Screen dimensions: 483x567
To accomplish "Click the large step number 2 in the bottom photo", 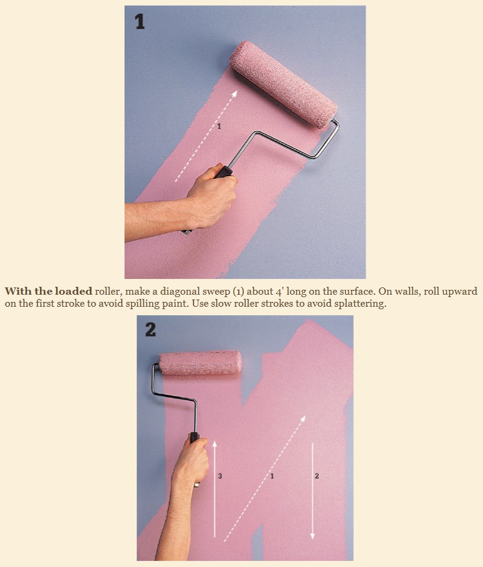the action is [x=151, y=330].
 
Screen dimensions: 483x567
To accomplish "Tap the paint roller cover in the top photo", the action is [x=284, y=84].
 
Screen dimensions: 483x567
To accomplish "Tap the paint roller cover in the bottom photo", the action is [x=201, y=363].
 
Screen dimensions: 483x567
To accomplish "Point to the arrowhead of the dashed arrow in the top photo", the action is [x=235, y=94].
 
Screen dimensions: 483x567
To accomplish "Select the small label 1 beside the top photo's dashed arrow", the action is [x=219, y=127].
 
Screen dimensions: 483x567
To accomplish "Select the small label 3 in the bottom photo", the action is [x=220, y=476].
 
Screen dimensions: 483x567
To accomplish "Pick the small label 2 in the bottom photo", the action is [x=317, y=476].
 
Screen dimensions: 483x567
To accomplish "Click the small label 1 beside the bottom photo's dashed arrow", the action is [x=272, y=476].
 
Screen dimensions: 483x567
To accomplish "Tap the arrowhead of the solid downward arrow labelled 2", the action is [x=313, y=536].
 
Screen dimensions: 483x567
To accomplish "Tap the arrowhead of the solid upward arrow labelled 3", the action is [x=215, y=444].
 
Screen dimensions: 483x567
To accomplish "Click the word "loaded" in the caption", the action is [x=74, y=291].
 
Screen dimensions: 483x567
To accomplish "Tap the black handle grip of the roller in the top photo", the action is [x=224, y=171].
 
